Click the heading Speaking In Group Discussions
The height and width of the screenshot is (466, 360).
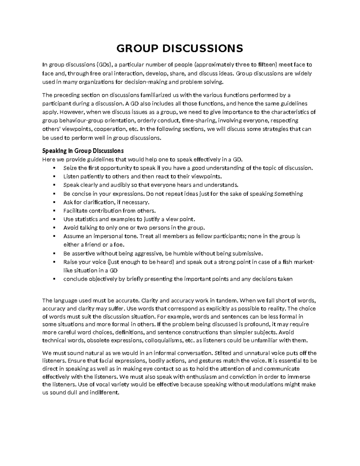(83, 151)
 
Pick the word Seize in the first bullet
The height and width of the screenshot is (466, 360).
(70, 168)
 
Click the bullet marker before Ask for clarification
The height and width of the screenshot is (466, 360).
(54, 202)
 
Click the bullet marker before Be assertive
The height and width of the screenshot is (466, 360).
(54, 253)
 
